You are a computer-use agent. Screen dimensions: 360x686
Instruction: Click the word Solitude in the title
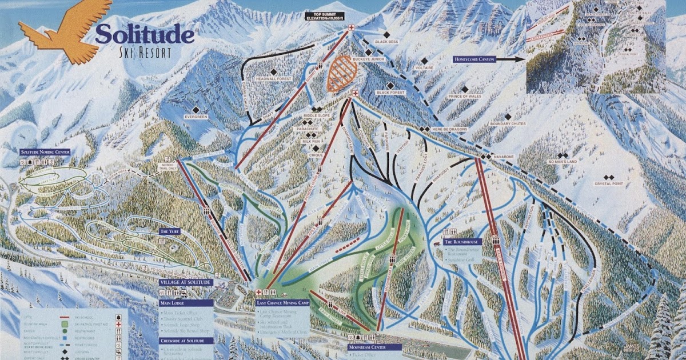[144, 34]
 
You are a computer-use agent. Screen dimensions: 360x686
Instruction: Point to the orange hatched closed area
[342, 73]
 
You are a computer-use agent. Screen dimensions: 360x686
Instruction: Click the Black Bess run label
[386, 41]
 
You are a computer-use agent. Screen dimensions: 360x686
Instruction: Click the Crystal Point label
[608, 183]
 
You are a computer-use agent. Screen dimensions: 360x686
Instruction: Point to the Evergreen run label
[196, 117]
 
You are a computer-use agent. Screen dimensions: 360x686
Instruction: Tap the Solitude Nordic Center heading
[45, 152]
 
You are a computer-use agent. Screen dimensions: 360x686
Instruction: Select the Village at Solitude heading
[186, 282]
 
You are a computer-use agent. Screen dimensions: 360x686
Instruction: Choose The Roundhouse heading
[462, 242]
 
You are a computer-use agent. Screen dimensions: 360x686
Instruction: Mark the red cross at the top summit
[351, 27]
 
